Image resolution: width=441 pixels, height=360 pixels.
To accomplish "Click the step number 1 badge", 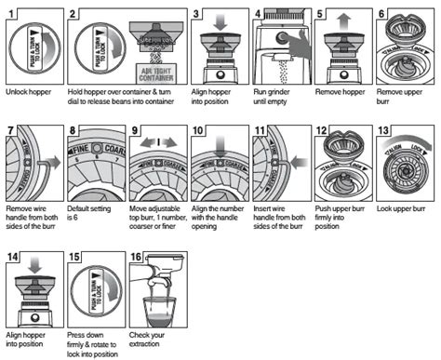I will click(11, 10).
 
